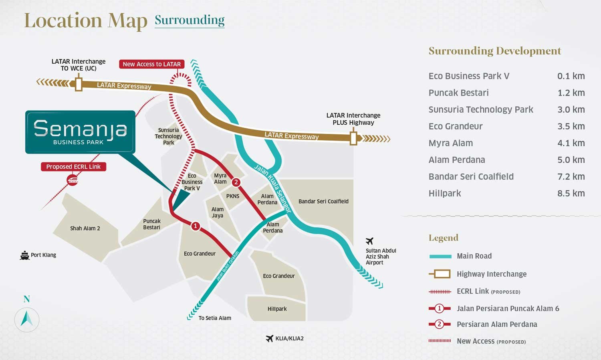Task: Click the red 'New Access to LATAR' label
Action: pos(151,64)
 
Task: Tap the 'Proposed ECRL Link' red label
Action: pos(73,167)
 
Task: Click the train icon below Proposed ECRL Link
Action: pos(73,180)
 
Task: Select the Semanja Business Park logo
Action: pos(80,132)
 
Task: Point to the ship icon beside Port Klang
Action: pos(25,255)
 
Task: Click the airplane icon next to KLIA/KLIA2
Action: pos(270,338)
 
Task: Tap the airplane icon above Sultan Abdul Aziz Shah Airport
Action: pos(369,241)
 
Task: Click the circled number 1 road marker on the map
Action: pos(195,226)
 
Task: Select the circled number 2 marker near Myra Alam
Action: pos(236,182)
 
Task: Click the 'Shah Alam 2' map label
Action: pos(85,229)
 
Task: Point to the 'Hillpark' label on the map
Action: pos(277,309)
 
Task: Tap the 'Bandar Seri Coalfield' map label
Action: pos(323,201)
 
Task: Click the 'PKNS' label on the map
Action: pos(233,196)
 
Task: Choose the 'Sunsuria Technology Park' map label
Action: pos(168,136)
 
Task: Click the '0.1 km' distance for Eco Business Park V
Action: pos(571,76)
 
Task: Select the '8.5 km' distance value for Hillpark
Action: pos(571,193)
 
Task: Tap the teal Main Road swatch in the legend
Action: pos(440,256)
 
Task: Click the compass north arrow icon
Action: pos(27,319)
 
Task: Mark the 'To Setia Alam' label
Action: pos(215,318)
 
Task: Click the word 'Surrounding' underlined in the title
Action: pos(190,20)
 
